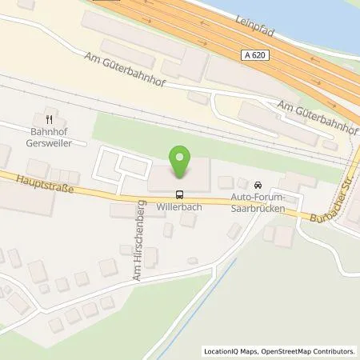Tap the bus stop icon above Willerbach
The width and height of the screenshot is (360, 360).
click(179, 193)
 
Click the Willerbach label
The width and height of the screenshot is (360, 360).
click(179, 205)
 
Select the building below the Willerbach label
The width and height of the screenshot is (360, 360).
click(187, 219)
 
